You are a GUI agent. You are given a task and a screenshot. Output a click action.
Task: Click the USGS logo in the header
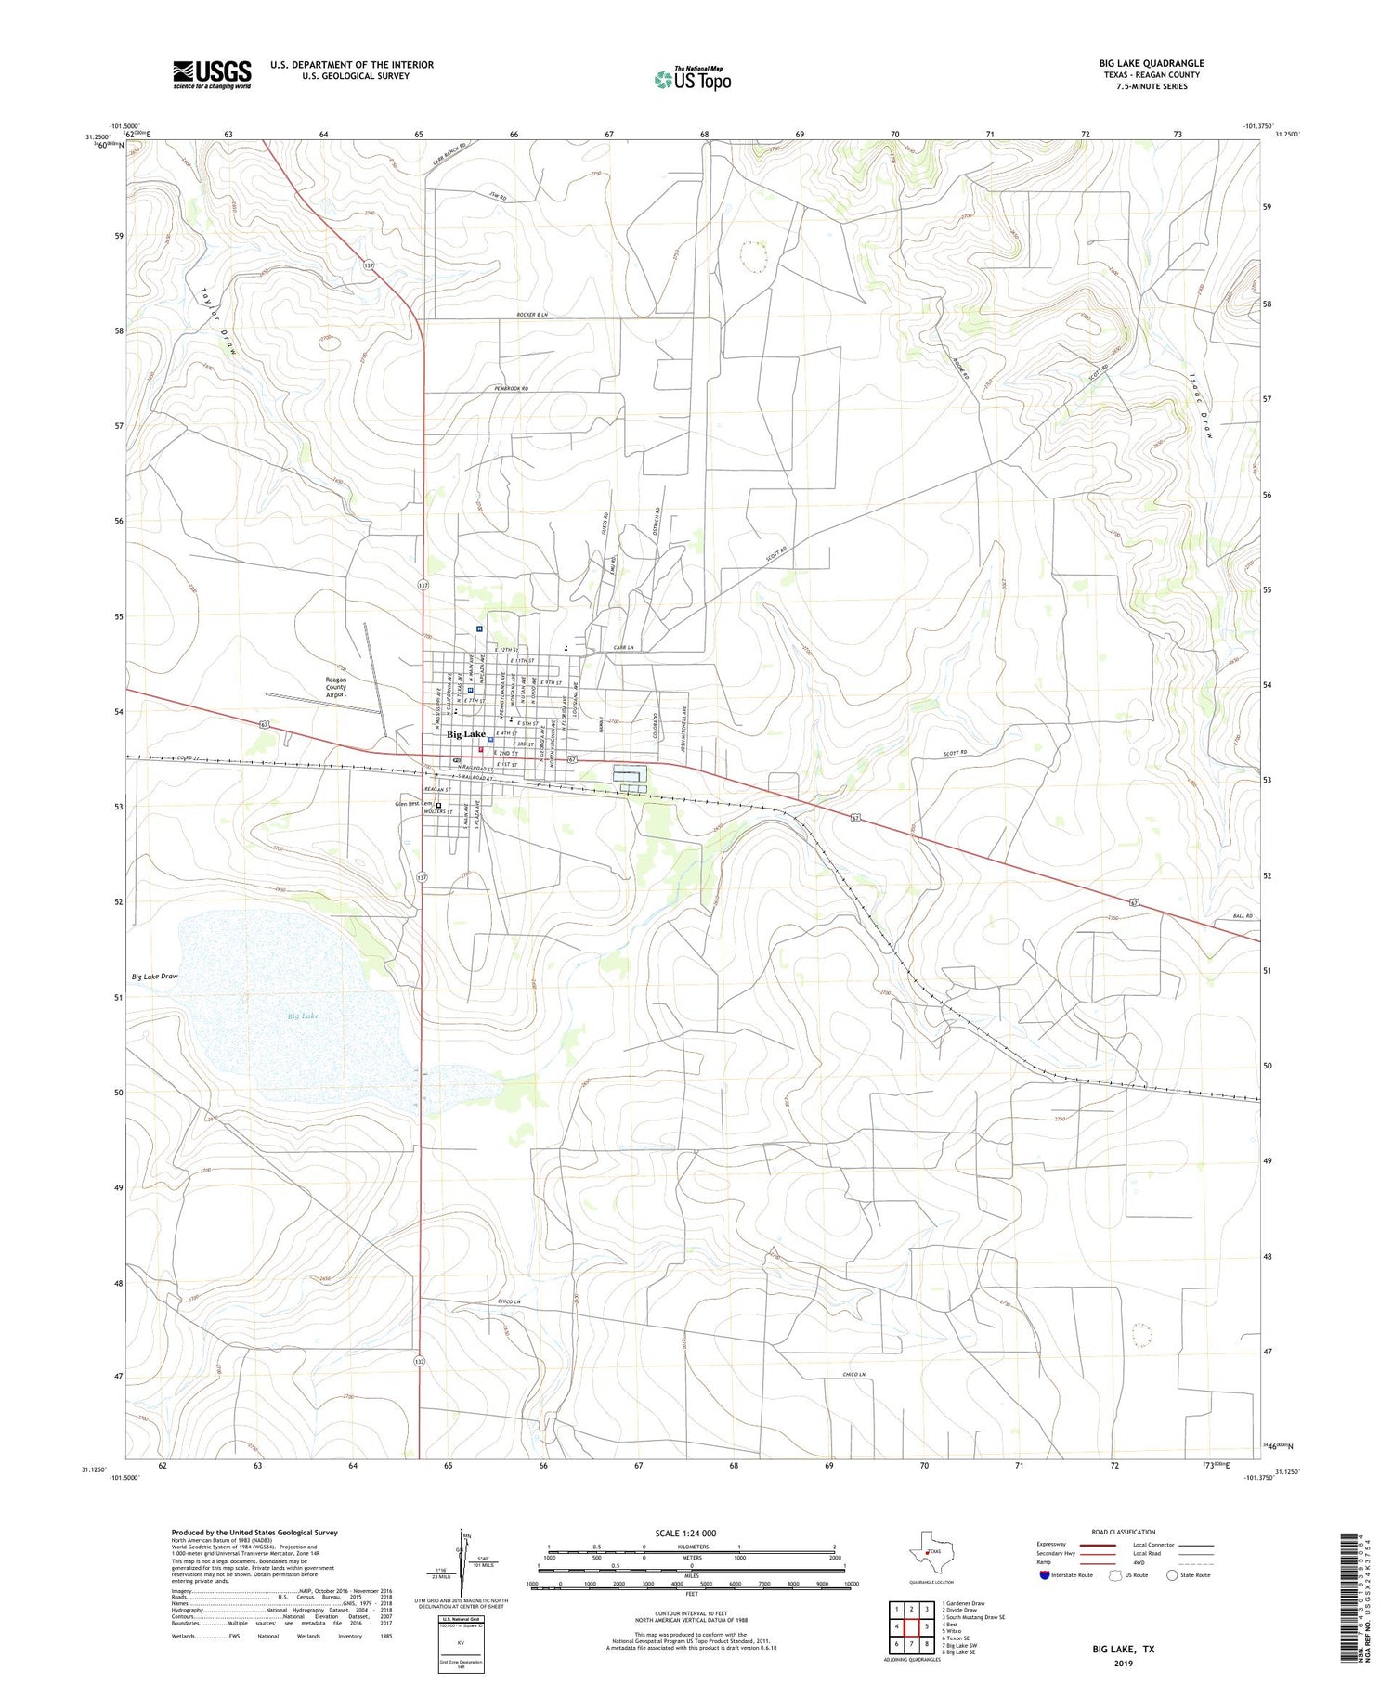click(212, 74)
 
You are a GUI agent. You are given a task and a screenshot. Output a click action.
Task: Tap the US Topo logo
click(692, 80)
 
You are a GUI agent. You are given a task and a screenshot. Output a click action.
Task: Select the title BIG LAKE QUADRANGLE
click(1152, 63)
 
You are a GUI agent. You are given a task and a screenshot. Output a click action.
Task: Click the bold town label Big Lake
click(466, 734)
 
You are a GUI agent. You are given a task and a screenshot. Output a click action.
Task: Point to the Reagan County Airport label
click(335, 687)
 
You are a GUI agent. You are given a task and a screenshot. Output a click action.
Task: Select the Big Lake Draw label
click(154, 977)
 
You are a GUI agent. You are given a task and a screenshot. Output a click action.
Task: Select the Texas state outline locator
click(927, 1550)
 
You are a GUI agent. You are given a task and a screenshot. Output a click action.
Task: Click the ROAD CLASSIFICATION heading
click(1123, 1532)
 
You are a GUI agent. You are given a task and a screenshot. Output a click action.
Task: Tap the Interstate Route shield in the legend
click(1047, 1575)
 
